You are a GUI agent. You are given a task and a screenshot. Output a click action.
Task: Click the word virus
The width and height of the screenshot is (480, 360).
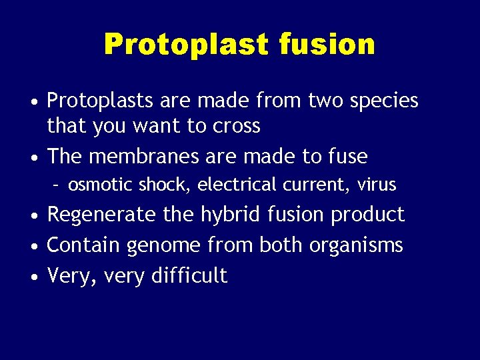(377, 185)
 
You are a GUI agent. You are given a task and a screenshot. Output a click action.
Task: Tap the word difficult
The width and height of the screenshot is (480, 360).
(190, 275)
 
